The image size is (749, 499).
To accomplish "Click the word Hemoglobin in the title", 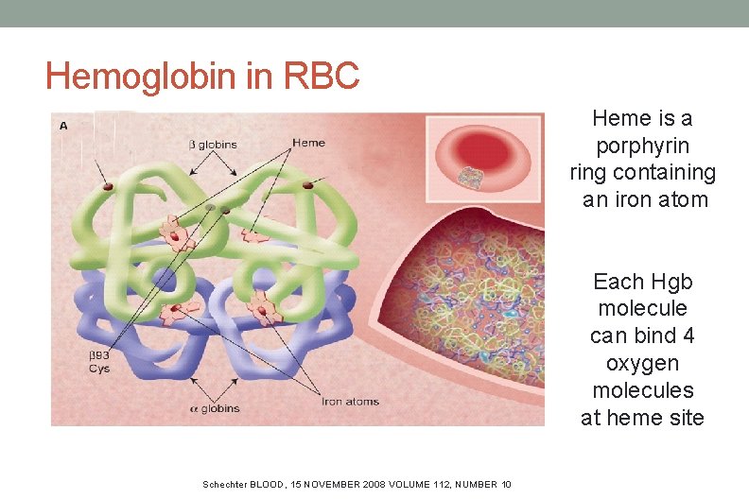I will pos(142,76).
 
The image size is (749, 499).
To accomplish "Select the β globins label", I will pos(214,145).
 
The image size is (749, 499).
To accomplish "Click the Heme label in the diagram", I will pos(308,143).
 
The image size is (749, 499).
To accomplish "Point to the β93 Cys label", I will pos(99,362).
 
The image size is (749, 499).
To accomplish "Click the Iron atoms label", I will pos(351,402).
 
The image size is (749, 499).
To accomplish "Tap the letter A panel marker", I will pos(63,125).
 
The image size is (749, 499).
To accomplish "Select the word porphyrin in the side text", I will pos(642,146).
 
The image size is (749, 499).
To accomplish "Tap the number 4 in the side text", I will pos(688,336).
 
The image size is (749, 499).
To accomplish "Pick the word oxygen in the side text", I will pos(642,363).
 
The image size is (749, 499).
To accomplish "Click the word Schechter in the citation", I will pos(225,485).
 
